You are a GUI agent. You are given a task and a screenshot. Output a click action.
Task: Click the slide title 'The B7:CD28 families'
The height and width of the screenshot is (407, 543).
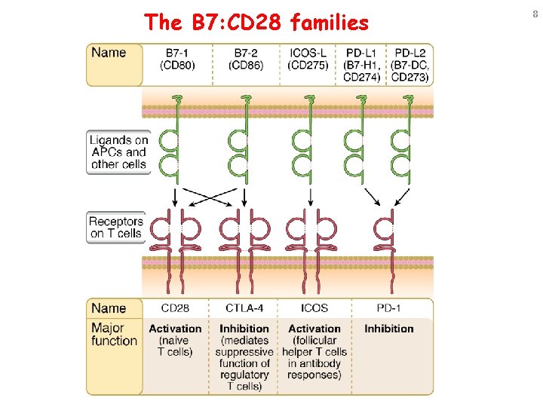pos(257,23)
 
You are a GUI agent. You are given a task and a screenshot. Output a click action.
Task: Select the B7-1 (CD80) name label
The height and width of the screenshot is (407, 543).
pos(178,59)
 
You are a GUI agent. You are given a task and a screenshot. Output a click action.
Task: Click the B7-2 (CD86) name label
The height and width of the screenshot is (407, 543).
pos(245,59)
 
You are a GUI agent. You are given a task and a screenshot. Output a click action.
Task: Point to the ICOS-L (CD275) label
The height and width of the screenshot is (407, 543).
pos(308,59)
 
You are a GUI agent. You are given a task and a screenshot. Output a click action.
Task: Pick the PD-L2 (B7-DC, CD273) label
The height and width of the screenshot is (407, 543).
pos(410,65)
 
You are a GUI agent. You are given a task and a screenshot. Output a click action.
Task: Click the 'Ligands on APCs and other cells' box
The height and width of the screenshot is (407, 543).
pos(118,152)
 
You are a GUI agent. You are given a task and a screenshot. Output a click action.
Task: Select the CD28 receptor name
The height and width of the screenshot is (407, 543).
pos(176,308)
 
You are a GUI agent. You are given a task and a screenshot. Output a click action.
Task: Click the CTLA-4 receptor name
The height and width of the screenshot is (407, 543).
pos(244,308)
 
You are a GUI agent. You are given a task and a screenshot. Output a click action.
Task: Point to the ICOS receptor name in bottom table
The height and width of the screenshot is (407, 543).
pos(314,308)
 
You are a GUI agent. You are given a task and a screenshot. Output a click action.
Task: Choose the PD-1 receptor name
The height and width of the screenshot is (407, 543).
pos(388,308)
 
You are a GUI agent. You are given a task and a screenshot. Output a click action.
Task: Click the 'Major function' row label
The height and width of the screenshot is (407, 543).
pos(114,335)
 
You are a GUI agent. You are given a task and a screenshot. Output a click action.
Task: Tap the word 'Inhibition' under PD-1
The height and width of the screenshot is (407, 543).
pos(388,329)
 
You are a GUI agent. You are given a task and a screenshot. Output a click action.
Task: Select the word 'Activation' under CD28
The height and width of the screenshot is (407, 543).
pos(176,329)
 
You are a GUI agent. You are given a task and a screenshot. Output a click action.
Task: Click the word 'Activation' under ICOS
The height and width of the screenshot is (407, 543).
pos(314,329)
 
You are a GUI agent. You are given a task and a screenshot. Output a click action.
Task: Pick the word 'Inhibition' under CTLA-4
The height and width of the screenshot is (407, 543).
pos(244,329)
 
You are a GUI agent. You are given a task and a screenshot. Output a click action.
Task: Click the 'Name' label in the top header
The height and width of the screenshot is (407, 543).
pos(109,53)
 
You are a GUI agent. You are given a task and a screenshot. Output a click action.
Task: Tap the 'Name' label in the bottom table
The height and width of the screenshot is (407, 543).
pos(109,308)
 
